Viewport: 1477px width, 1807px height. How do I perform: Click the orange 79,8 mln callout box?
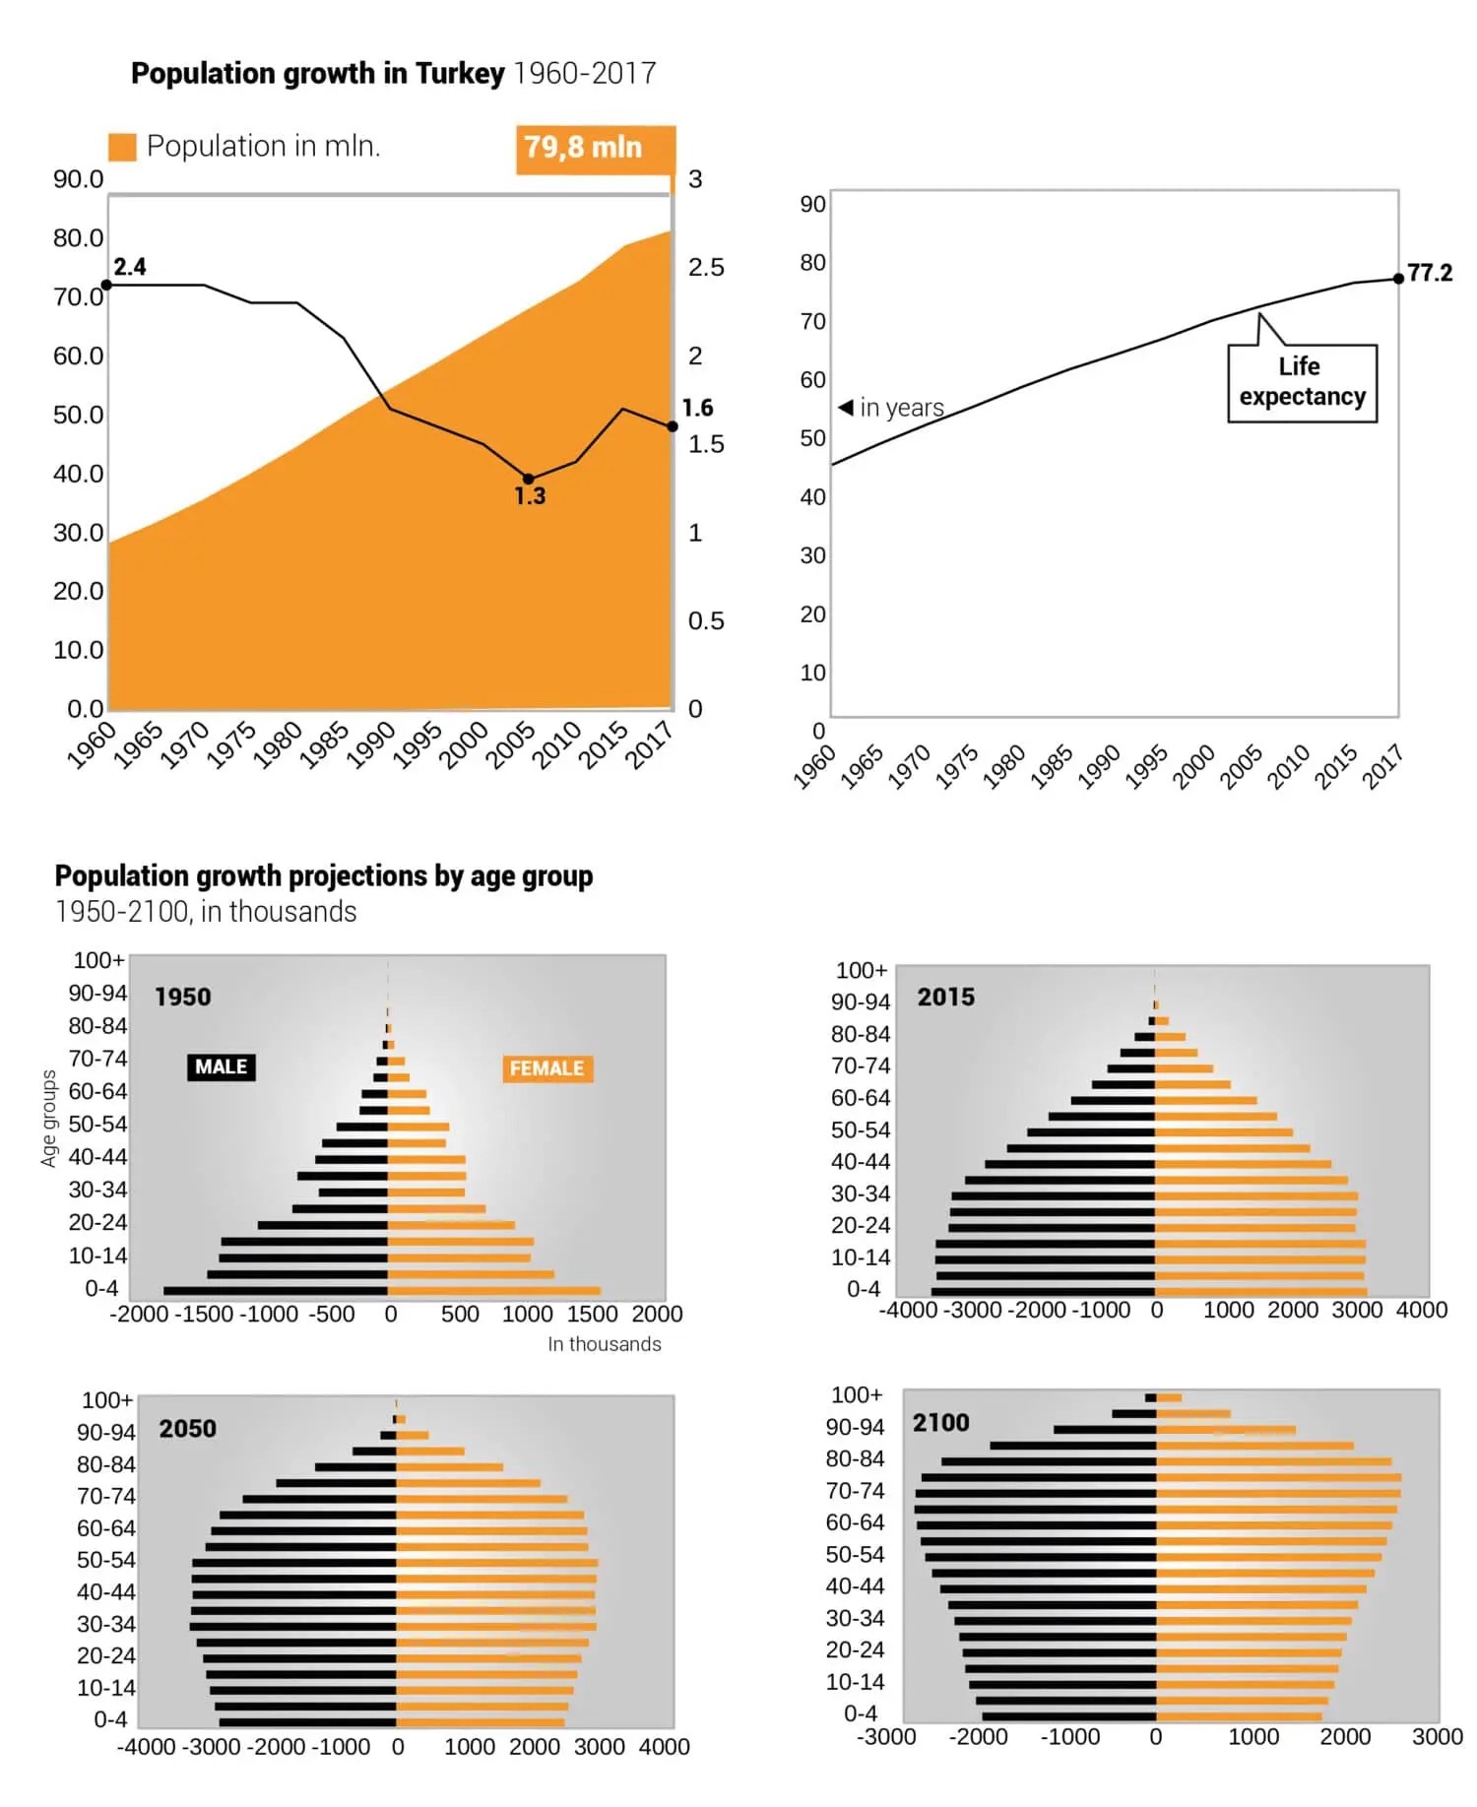point(595,149)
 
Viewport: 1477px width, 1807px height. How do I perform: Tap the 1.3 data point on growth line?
point(528,479)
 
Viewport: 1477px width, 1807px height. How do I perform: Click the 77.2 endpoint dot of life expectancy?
point(1398,279)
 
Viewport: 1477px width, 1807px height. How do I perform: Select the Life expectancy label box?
point(1302,383)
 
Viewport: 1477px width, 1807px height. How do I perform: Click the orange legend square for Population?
point(122,147)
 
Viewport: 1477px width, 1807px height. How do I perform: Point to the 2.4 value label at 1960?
point(130,267)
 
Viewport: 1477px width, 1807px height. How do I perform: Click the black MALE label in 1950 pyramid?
point(221,1067)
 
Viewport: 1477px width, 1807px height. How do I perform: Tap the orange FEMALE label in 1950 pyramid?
point(546,1068)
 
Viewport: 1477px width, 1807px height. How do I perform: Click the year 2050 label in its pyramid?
point(187,1428)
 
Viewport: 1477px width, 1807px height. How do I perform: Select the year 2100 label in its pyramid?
point(940,1423)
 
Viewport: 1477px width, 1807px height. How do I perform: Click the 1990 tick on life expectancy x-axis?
point(1099,766)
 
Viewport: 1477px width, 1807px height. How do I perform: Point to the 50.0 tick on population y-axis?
point(78,415)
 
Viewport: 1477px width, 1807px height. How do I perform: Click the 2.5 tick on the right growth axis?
point(705,268)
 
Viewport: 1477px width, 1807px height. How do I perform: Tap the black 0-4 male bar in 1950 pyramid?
point(276,1290)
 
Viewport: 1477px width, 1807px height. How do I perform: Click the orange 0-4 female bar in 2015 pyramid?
point(1260,1291)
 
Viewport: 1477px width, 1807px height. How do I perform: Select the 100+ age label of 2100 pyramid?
point(857,1394)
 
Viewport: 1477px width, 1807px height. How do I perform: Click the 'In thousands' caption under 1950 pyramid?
point(604,1344)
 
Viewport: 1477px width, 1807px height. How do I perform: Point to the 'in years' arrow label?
point(891,408)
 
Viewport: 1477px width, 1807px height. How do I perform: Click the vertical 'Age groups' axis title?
point(48,1119)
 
